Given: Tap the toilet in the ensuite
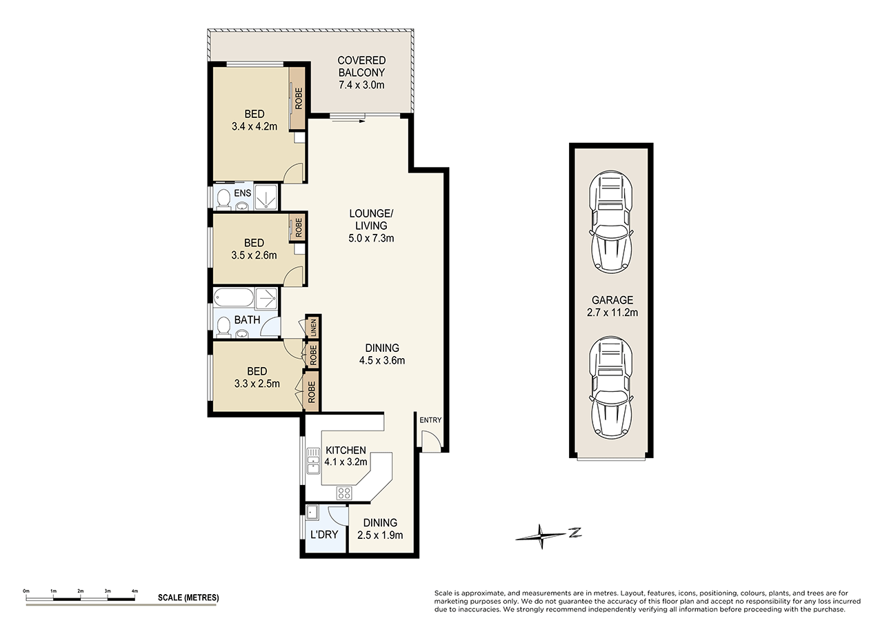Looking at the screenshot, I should point(223,199).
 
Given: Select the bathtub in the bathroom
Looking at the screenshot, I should point(234,299).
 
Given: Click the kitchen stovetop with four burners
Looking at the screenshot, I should point(343,493).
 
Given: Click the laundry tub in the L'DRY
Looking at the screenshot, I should point(312,513).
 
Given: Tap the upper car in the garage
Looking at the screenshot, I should point(610,221).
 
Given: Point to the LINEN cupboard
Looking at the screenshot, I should point(312,326).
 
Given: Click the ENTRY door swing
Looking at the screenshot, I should point(429,441).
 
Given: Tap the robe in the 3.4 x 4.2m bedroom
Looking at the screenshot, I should point(298,98).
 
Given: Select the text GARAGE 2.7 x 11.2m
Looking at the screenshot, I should point(610,306).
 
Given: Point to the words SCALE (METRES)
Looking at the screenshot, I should point(188,598).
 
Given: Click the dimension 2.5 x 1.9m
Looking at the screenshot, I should point(380,535).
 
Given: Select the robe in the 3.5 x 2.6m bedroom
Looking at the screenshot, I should point(298,228).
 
